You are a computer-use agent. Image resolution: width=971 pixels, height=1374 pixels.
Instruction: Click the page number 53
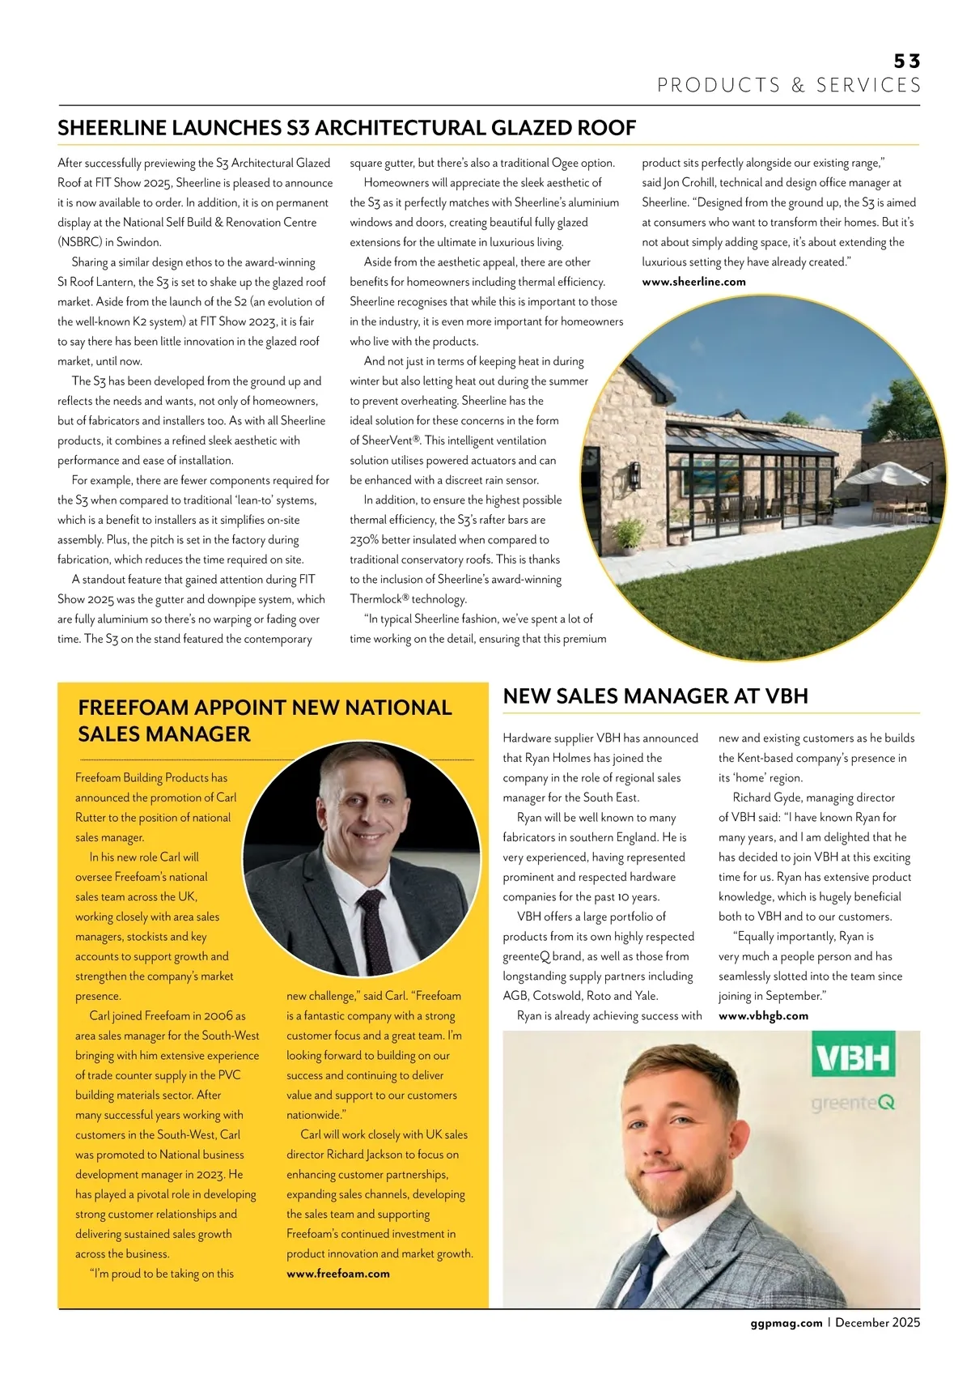[x=906, y=62]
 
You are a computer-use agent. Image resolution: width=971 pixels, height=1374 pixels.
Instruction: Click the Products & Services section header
[x=789, y=86]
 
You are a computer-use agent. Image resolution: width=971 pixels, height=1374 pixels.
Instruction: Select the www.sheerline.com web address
[x=693, y=282]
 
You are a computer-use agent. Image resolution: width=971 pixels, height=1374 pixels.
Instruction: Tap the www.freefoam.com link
[x=337, y=1274]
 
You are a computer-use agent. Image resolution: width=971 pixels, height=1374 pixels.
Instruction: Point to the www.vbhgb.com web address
[x=763, y=1016]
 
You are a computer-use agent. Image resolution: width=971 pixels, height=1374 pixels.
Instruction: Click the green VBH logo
[x=853, y=1057]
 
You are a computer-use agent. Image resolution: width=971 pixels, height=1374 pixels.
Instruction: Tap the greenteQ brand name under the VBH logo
[x=853, y=1103]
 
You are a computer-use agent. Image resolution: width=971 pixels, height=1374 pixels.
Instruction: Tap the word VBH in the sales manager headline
[x=786, y=696]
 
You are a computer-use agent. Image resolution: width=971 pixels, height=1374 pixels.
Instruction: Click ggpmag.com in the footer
[x=786, y=1323]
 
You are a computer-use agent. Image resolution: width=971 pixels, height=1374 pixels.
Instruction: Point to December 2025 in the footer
[x=877, y=1323]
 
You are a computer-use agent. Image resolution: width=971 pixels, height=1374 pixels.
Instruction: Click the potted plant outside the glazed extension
[x=630, y=535]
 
